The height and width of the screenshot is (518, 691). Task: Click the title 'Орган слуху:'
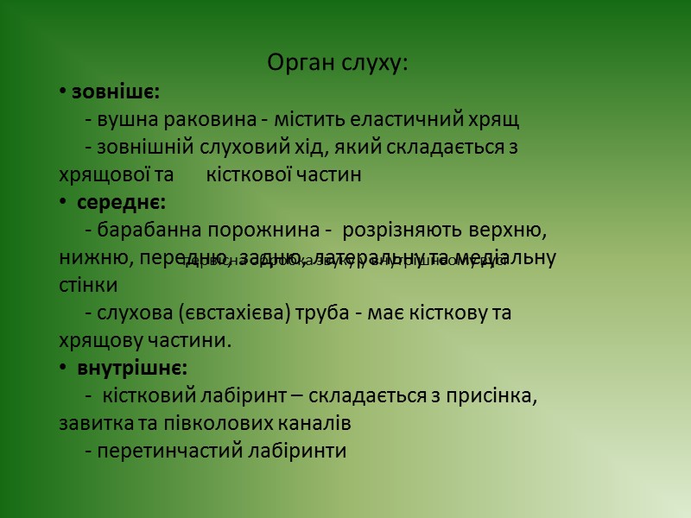pyautogui.click(x=338, y=63)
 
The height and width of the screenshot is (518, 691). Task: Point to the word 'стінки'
pyautogui.click(x=88, y=285)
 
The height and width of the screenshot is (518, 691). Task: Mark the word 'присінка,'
pyautogui.click(x=492, y=395)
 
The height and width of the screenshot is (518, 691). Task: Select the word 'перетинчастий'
pyautogui.click(x=164, y=451)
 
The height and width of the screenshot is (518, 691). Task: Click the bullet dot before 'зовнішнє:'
pyautogui.click(x=63, y=92)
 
